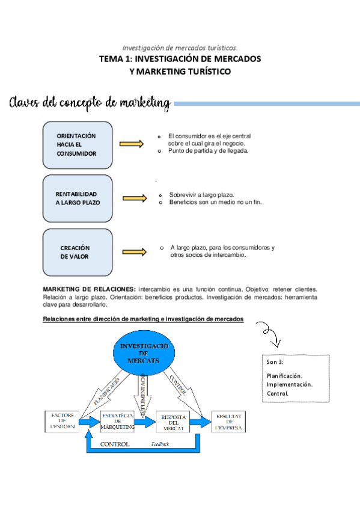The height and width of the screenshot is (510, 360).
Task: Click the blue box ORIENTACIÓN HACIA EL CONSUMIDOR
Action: coord(77,145)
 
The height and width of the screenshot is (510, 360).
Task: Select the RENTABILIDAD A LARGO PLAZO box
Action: coord(77,198)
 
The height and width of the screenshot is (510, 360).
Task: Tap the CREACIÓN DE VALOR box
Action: coord(77,252)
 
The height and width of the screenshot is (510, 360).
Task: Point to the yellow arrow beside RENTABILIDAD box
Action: coord(135,198)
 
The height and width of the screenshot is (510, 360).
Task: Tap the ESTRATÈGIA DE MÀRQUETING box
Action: coord(118,422)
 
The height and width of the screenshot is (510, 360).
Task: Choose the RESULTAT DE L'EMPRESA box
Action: coord(228,422)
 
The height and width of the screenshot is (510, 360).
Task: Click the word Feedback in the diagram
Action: coord(160,445)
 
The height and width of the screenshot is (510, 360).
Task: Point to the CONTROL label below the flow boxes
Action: coord(115,445)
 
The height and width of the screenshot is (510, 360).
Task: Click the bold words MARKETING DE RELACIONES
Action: coord(90,289)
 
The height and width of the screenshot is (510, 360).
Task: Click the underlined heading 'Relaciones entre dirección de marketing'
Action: coord(143,319)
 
